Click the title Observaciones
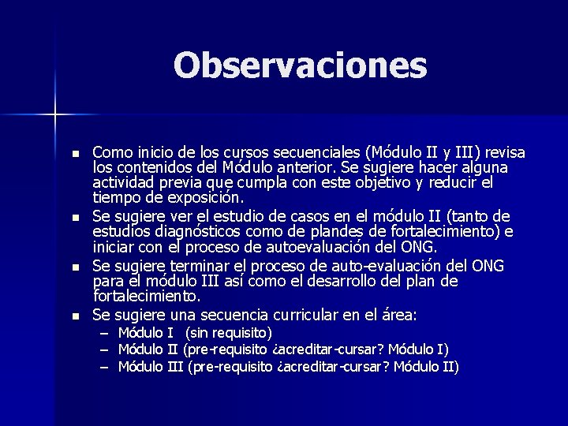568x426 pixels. tap(300, 65)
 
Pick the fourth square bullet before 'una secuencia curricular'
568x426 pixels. tap(75, 316)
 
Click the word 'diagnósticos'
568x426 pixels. tap(198, 231)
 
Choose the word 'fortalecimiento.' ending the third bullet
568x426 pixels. tap(148, 297)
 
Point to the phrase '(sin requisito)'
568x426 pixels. tap(229, 333)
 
